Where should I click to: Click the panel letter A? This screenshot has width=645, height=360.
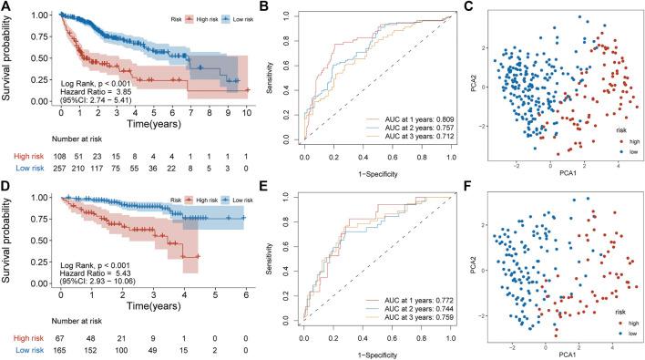(x=6, y=6)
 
